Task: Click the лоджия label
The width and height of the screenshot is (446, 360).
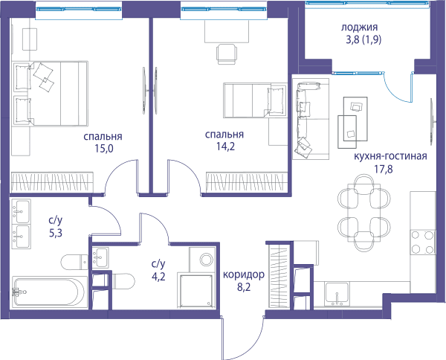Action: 359,28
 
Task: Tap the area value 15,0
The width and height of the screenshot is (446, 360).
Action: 104,148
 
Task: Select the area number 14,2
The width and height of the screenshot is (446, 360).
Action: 225,147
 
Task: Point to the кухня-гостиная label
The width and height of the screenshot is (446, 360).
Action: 390,156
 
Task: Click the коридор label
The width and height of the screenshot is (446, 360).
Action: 244,275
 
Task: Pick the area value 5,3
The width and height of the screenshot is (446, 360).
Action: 56,233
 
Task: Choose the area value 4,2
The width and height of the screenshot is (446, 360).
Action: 158,277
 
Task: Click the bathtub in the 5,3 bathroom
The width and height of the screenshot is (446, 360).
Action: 50,292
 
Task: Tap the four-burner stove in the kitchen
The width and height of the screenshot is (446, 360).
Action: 423,242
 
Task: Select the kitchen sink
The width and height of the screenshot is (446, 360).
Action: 337,294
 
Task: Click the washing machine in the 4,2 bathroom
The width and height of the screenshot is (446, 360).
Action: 202,260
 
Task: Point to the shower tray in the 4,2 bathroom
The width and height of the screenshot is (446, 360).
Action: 195,290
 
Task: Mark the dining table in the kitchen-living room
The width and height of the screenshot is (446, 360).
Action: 364,213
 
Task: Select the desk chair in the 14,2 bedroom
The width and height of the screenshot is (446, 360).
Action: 227,54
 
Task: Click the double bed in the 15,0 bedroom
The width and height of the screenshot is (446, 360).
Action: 50,94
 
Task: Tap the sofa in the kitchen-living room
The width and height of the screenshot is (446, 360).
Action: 311,119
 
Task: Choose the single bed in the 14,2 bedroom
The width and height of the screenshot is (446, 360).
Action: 255,100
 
